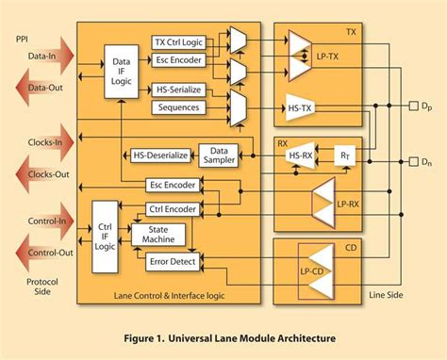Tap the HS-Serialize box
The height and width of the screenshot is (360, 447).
[x=179, y=90]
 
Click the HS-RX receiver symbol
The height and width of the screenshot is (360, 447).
[x=302, y=156]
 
